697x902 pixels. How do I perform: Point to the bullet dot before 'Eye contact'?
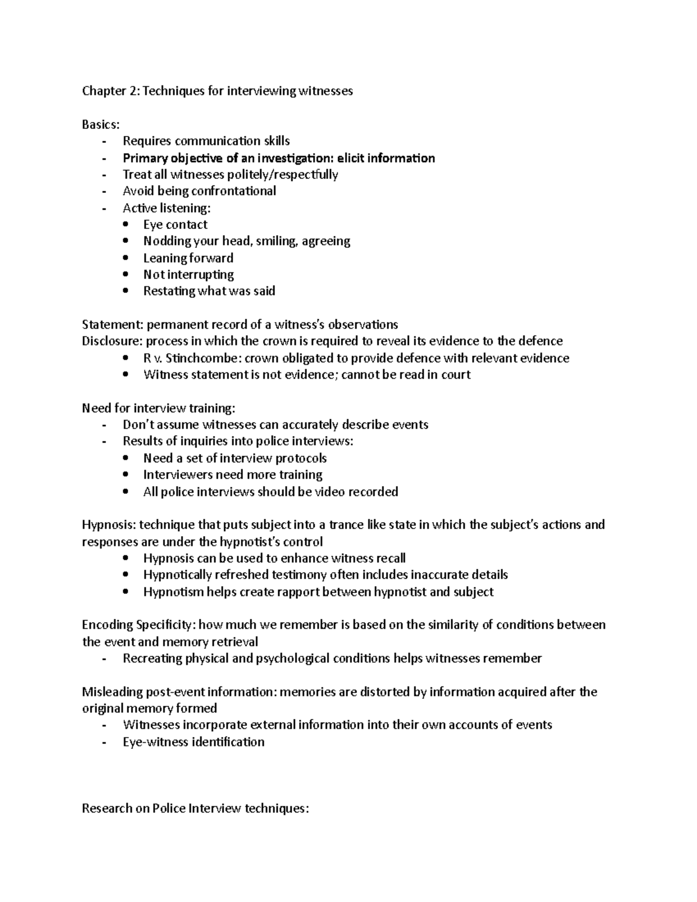127,225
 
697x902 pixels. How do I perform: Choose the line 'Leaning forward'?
188,258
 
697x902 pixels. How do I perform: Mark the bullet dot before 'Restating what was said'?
127,292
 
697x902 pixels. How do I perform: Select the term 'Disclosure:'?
113,341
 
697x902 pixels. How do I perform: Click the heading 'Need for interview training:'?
159,408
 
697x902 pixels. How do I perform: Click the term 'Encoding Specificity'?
138,625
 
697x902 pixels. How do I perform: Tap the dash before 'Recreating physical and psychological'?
104,659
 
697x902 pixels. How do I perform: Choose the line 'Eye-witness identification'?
193,742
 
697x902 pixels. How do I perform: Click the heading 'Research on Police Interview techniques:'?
195,808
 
